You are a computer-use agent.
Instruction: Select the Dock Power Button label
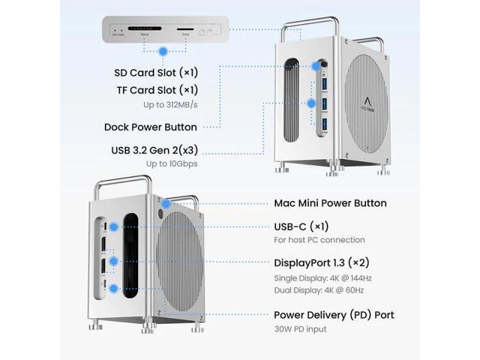(x=151, y=127)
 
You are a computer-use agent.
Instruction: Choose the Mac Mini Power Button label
(x=331, y=203)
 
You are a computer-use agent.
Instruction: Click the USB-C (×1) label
(x=301, y=226)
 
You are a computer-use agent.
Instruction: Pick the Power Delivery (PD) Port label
(x=334, y=315)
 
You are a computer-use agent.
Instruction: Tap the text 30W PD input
(x=301, y=330)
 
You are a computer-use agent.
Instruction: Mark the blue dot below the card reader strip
(x=164, y=51)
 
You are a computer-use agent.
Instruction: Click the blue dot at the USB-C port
(x=112, y=226)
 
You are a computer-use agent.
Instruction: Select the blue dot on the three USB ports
(x=311, y=103)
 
